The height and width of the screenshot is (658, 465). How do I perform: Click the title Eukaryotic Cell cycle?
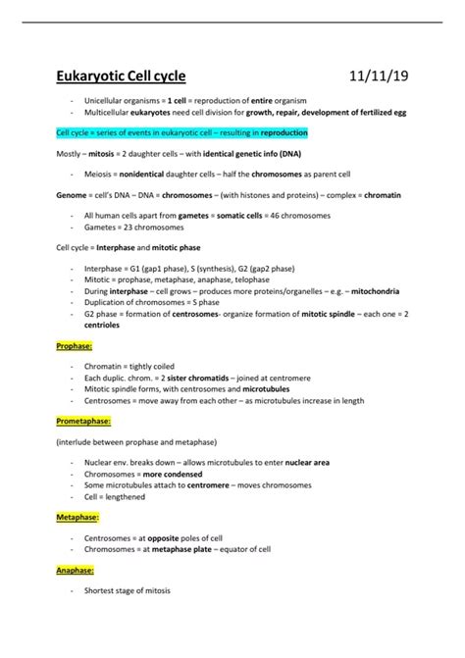119,76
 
